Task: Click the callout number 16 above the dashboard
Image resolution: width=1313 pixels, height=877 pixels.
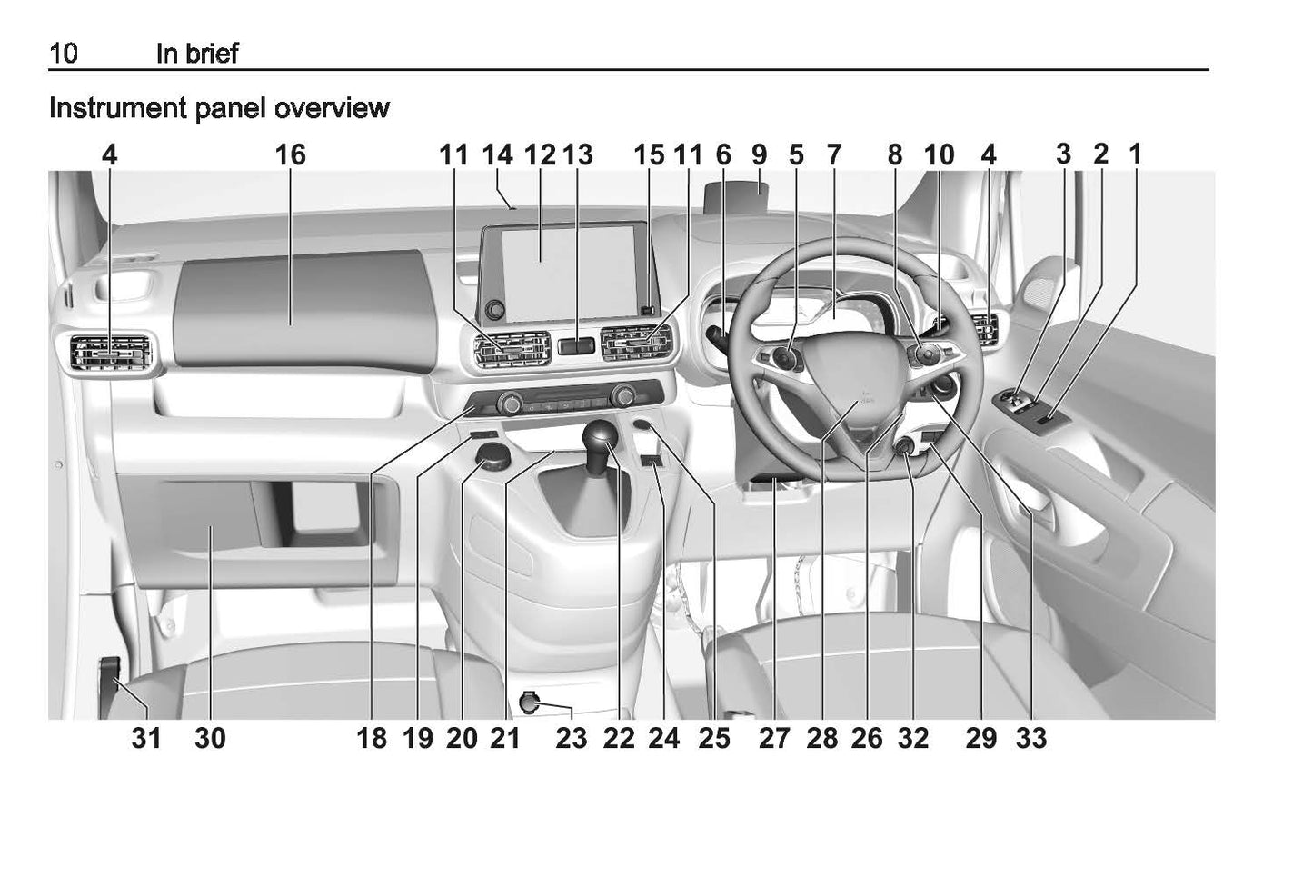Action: [291, 154]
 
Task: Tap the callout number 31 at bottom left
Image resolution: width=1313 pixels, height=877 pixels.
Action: [146, 738]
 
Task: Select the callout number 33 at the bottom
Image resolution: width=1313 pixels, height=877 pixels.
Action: [1031, 738]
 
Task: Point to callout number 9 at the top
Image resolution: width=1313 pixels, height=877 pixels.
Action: [759, 154]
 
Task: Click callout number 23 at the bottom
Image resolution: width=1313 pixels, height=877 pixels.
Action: [572, 738]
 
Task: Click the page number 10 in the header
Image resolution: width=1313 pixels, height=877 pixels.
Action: [64, 54]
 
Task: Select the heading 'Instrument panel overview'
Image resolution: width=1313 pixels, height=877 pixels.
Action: [219, 108]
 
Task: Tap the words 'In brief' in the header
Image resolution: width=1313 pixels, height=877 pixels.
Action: [197, 54]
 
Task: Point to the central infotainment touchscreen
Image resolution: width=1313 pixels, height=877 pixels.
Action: [567, 274]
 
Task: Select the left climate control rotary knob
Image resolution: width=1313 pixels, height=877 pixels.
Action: [510, 404]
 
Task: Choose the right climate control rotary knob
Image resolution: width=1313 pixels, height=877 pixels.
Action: [622, 395]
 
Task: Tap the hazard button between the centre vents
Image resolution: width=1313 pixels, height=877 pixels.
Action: [575, 346]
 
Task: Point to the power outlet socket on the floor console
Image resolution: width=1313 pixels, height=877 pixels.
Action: [529, 702]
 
